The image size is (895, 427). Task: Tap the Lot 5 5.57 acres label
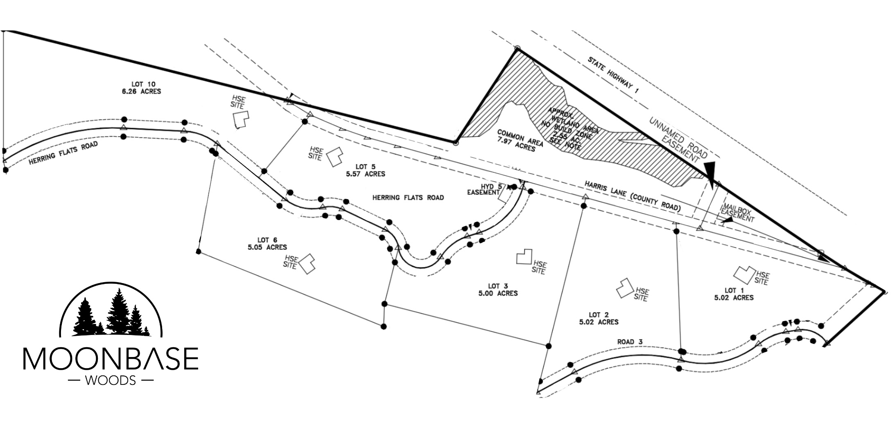(365, 170)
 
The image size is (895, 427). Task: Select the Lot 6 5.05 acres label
(267, 243)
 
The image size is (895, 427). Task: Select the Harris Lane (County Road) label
(632, 196)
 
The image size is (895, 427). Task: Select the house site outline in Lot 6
(307, 264)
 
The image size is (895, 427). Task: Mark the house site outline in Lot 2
(624, 288)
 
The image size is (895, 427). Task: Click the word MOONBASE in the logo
(111, 359)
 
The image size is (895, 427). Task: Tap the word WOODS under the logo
(111, 381)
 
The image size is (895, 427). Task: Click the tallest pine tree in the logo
(118, 311)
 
